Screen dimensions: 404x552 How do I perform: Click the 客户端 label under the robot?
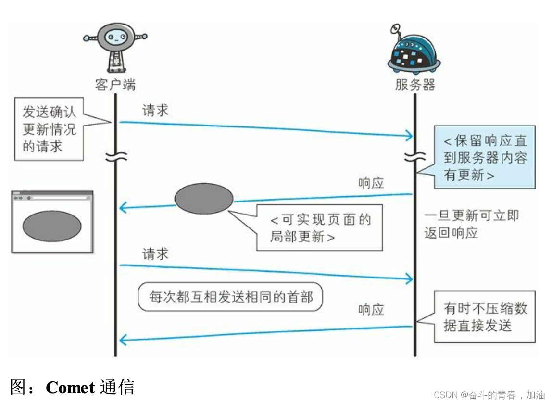pos(115,85)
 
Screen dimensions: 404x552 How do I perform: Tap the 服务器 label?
pos(415,85)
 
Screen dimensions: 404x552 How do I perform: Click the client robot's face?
pos(115,37)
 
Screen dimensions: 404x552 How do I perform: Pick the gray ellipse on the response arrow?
pos(204,199)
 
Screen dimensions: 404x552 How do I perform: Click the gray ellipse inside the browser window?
pos(52,226)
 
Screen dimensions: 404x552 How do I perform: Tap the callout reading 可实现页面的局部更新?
pos(320,227)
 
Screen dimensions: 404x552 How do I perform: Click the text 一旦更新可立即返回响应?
pos(471,224)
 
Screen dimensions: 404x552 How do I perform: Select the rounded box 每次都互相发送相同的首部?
pos(230,297)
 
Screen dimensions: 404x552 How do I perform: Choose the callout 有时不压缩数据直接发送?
pos(485,316)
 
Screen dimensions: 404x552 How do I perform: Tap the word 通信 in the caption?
pos(117,387)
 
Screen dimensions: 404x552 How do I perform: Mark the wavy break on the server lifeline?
pos(414,156)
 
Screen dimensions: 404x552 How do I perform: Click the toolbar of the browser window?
pos(52,197)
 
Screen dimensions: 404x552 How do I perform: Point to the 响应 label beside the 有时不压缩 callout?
pos(371,310)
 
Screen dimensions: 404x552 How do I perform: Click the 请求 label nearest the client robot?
pos(155,110)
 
